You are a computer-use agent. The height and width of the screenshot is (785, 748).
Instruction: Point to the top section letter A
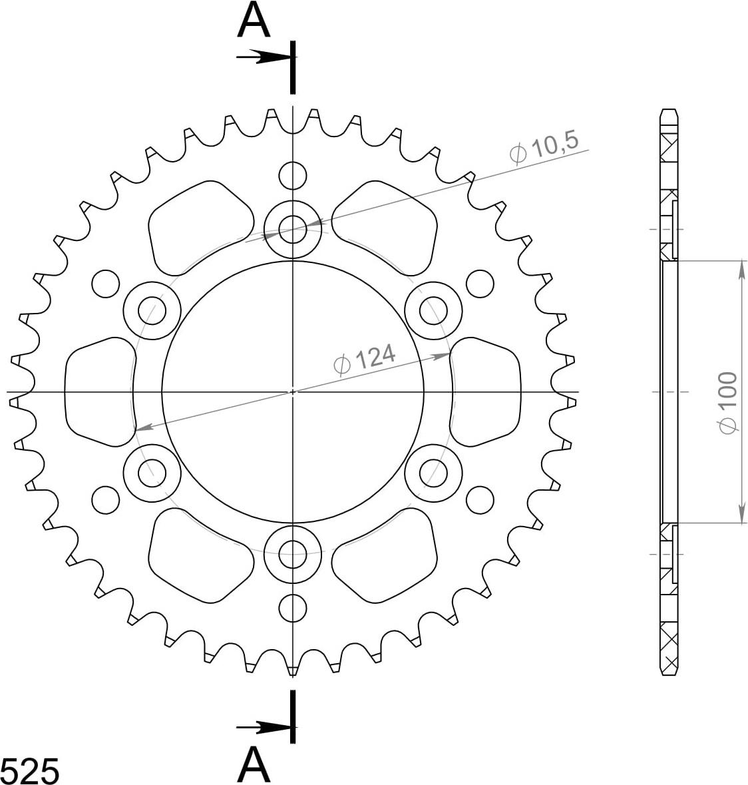[x=254, y=21]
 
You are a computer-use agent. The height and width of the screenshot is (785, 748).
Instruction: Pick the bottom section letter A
[x=254, y=765]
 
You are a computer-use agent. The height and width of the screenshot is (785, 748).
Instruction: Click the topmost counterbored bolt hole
[x=293, y=229]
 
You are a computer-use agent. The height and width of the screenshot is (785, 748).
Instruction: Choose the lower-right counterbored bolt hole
[x=433, y=472]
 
